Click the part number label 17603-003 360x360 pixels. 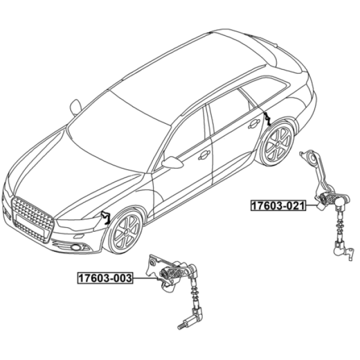(106, 278)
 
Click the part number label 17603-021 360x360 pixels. (278, 206)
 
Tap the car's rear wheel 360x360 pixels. (278, 144)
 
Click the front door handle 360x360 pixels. (204, 155)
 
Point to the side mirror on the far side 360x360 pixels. (76, 108)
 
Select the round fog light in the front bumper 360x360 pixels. (75, 247)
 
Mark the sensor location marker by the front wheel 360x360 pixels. (106, 217)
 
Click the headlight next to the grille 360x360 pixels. (78, 223)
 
